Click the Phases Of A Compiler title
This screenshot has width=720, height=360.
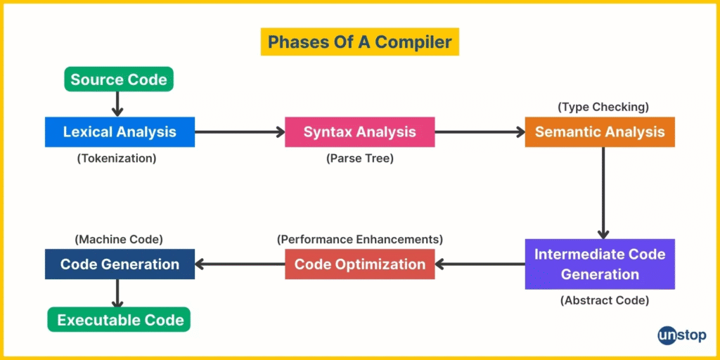pyautogui.click(x=360, y=41)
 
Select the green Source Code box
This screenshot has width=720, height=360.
pyautogui.click(x=118, y=79)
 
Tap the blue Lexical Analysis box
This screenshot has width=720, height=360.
pyautogui.click(x=120, y=132)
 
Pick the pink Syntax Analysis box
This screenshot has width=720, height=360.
pyautogui.click(x=359, y=132)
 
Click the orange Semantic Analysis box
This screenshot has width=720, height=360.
pyautogui.click(x=600, y=132)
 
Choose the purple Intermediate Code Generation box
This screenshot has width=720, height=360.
pyautogui.click(x=600, y=264)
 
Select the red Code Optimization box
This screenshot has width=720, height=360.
pyautogui.click(x=359, y=264)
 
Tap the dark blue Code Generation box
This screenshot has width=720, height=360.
pyautogui.click(x=120, y=264)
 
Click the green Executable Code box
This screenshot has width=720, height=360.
pyautogui.click(x=119, y=320)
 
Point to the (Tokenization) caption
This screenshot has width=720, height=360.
pyautogui.click(x=117, y=159)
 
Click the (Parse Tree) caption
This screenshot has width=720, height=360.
pyautogui.click(x=360, y=159)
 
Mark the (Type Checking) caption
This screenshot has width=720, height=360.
pyautogui.click(x=603, y=108)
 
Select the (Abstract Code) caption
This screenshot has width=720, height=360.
pyautogui.click(x=604, y=301)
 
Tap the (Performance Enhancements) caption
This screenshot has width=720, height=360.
pyautogui.click(x=359, y=239)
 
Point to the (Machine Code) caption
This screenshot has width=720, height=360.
pyautogui.click(x=118, y=239)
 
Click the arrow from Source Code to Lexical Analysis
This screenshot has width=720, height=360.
pyautogui.click(x=118, y=104)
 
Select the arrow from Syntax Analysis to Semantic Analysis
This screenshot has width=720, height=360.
pyautogui.click(x=480, y=132)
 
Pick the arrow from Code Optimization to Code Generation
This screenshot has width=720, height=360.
pyautogui.click(x=240, y=264)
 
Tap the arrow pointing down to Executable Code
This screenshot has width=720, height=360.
pyautogui.click(x=118, y=293)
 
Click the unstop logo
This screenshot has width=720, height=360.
pyautogui.click(x=682, y=335)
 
